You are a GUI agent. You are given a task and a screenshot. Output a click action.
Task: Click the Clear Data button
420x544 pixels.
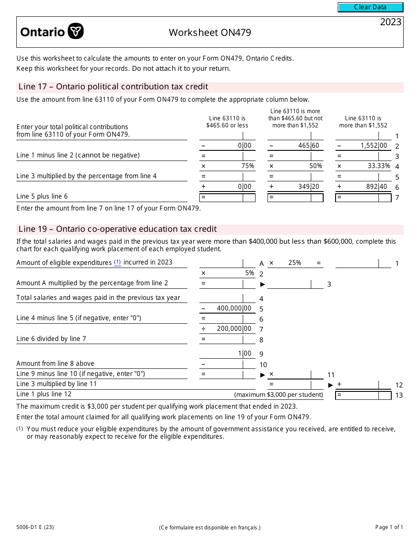[x=370, y=7]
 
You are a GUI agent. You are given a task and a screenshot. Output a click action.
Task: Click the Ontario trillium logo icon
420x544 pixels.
[x=76, y=31]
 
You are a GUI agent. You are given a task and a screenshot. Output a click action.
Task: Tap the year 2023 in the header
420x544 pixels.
[x=390, y=22]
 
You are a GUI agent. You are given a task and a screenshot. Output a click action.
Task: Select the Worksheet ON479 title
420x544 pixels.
[x=210, y=32]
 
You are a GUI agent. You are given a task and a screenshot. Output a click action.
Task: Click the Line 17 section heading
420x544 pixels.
[x=113, y=87]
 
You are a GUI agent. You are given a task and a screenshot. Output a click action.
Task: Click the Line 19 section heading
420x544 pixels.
[x=117, y=229]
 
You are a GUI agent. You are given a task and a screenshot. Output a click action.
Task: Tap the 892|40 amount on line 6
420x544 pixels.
[x=376, y=187]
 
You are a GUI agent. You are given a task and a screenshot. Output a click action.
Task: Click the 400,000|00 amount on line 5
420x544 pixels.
[x=234, y=308]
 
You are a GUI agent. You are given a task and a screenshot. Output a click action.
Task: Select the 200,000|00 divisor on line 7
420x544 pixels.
[x=234, y=329]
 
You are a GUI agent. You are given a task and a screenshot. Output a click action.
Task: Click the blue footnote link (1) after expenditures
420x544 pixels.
[x=118, y=262]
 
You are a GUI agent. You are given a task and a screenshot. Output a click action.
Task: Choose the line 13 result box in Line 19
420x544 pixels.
[x=363, y=395]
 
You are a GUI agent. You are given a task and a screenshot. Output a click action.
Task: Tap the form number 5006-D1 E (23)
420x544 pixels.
[x=35, y=527]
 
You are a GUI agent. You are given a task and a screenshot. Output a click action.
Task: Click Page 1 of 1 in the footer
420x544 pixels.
[x=389, y=527]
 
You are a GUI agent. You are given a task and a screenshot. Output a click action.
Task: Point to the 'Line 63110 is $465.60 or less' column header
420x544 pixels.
[x=227, y=122]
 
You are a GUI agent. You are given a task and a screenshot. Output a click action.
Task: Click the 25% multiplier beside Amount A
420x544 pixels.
[x=294, y=263]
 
